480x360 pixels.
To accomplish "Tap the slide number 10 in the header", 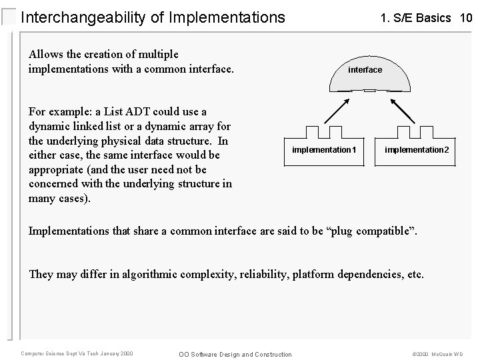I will tap(465, 18).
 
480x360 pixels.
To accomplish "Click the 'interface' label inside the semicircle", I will tap(365, 70).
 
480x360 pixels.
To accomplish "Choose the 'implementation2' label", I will tap(417, 150).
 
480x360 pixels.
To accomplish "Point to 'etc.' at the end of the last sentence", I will tap(414, 274).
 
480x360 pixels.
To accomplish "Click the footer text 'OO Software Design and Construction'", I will tap(236, 354).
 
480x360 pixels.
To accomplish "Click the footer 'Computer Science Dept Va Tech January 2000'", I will tap(77, 353).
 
